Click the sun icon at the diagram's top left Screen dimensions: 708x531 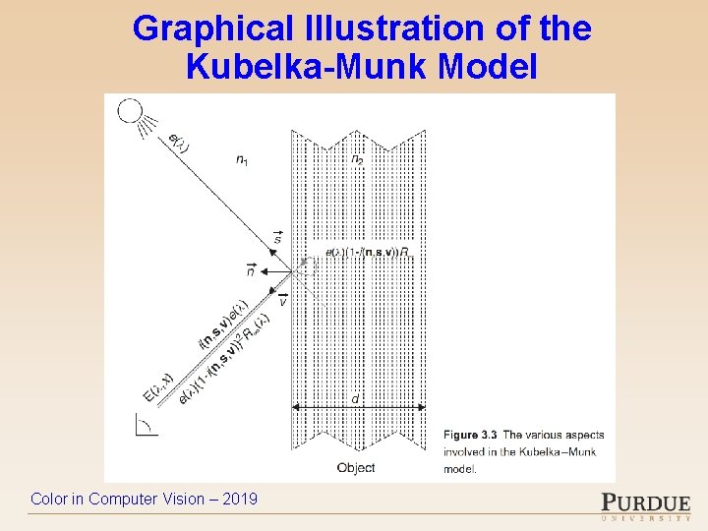(x=130, y=110)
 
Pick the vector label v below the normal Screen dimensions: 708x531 (x=282, y=300)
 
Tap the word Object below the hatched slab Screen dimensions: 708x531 (x=355, y=468)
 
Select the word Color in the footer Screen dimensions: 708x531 (x=49, y=500)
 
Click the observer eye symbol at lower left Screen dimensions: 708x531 (x=143, y=425)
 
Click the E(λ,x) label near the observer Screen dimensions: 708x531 (x=157, y=384)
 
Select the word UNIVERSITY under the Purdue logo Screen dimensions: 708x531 (x=645, y=517)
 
